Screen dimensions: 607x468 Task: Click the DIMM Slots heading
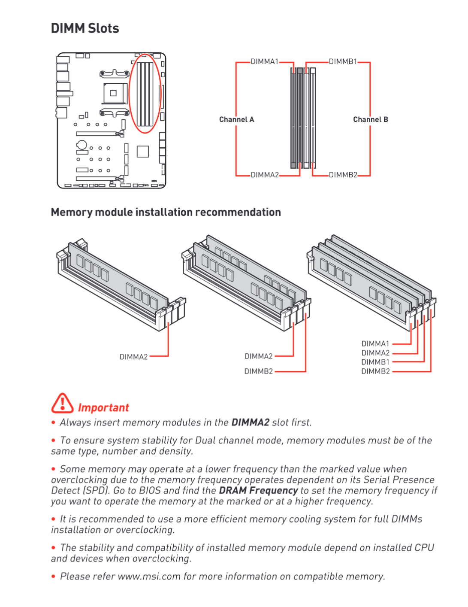[85, 28]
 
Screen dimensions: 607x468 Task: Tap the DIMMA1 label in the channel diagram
[264, 61]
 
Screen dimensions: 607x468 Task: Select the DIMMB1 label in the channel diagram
[343, 61]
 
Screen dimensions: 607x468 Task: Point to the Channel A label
[236, 119]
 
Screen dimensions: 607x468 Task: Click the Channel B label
[370, 119]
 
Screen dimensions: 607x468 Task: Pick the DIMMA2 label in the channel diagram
[265, 175]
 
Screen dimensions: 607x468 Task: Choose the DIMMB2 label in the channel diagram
[343, 175]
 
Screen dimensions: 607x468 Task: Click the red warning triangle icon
[62, 403]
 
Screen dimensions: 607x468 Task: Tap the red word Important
[103, 407]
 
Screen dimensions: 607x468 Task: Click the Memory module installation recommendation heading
[166, 212]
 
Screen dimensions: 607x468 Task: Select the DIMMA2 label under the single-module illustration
[133, 357]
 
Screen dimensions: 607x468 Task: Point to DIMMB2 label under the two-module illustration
[258, 371]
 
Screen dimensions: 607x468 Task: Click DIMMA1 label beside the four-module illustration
[375, 344]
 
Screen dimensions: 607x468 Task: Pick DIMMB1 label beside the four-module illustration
[375, 362]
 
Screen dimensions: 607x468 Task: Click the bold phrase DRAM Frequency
[258, 490]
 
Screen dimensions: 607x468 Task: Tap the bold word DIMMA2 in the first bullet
[250, 422]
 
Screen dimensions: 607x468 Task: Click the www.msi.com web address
[149, 576]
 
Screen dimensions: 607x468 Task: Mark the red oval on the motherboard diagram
[145, 94]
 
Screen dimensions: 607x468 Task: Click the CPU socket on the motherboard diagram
[113, 93]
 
